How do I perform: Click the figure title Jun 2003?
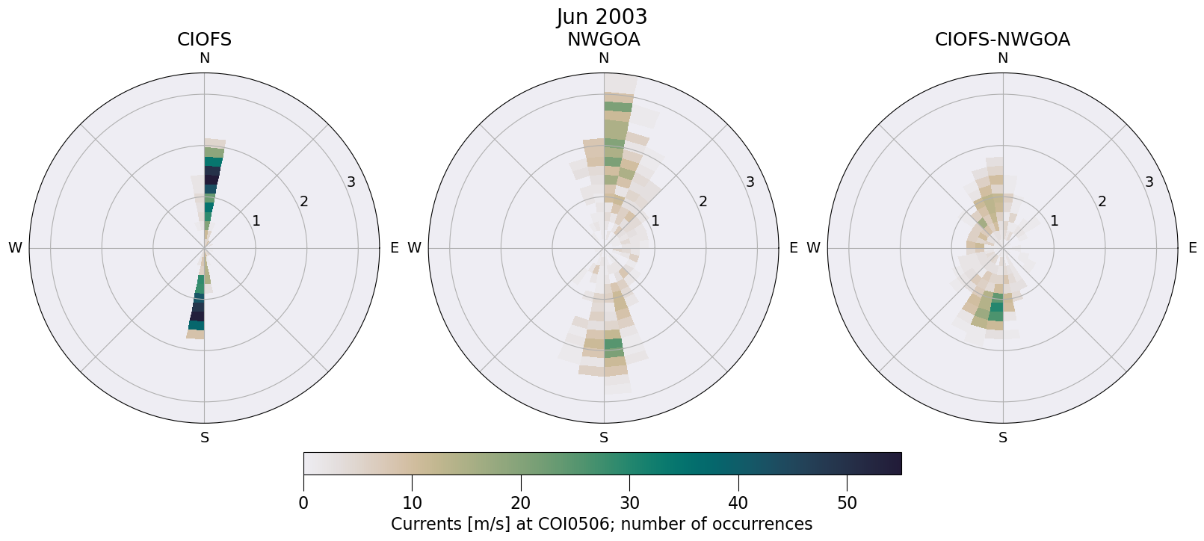[602, 16]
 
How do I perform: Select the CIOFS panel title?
[204, 40]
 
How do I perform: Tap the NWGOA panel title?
[603, 40]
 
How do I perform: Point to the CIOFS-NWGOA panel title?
[1002, 40]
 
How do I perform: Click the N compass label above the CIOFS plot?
[204, 58]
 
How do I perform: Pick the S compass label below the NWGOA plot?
[603, 438]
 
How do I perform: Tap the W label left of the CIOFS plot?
[15, 248]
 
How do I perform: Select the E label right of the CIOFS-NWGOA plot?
[1192, 248]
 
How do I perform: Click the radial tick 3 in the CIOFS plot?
[351, 182]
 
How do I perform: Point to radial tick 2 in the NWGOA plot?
[703, 201]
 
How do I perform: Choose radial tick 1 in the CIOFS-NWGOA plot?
[1055, 220]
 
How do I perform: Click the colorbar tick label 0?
[303, 504]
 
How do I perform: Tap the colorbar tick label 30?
[629, 504]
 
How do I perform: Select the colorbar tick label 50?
[847, 504]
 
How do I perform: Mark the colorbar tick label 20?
[521, 504]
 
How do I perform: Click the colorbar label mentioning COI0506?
[602, 524]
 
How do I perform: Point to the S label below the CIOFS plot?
[204, 438]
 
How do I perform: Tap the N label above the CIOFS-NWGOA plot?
[1002, 58]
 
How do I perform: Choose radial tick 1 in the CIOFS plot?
[256, 220]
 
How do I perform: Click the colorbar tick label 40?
[738, 504]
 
